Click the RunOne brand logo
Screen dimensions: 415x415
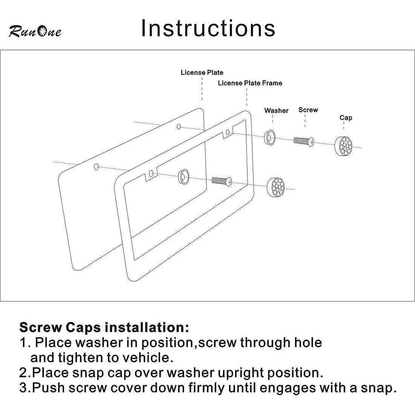pos(35,31)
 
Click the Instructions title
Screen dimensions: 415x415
pos(208,28)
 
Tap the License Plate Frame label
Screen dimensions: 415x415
pos(250,83)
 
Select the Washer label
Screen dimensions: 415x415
pos(276,111)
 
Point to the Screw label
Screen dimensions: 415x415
pos(308,110)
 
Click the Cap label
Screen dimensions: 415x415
pos(346,117)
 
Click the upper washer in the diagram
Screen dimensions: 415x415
pos(270,137)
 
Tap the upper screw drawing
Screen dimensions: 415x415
pos(304,141)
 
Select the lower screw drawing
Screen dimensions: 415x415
pos(222,181)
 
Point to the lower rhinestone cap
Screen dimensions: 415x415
pos(275,187)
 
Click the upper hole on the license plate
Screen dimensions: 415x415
pos(179,127)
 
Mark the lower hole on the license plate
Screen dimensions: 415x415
pos(96,167)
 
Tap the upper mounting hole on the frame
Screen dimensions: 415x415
pos(227,132)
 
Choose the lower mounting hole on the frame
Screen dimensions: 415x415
pos(151,174)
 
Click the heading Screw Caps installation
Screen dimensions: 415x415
pos(104,327)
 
